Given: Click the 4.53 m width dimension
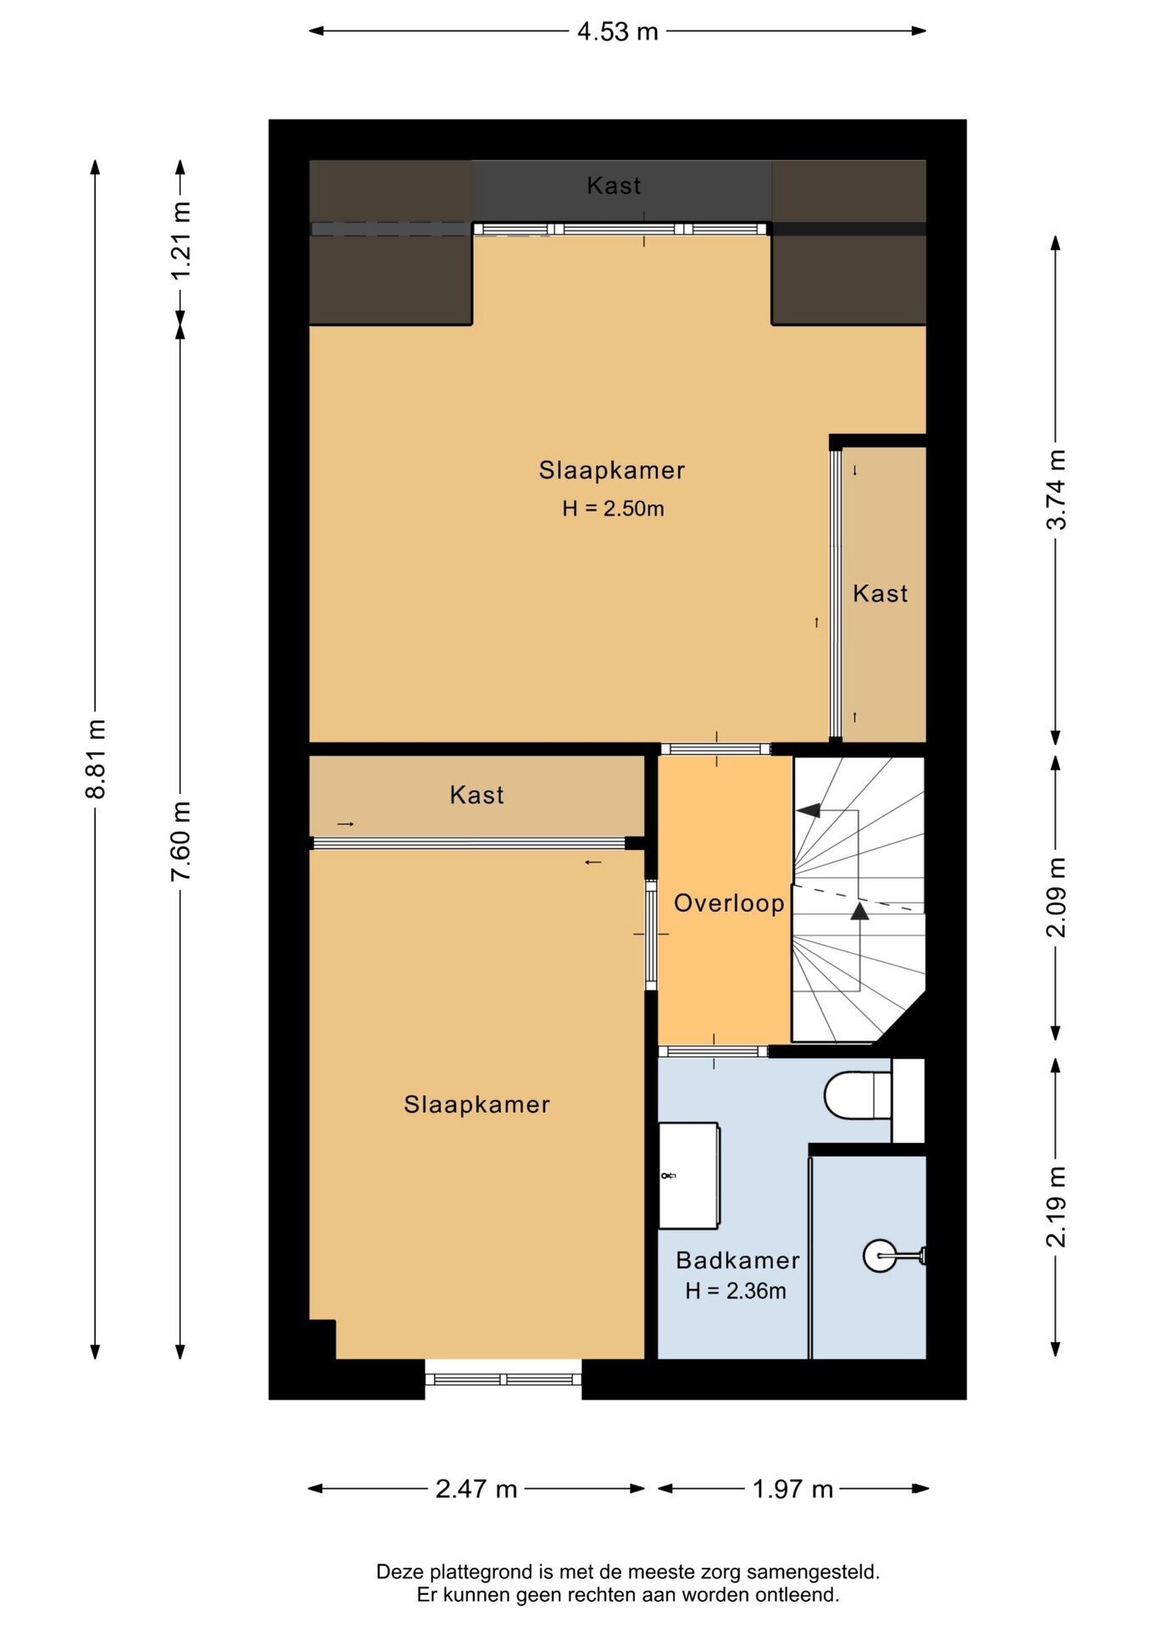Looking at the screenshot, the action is pos(617,31).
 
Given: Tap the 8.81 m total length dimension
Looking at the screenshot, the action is pos(96,758).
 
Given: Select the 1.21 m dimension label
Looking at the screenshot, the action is pos(181,240).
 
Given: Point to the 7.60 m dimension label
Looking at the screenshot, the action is pos(181,841).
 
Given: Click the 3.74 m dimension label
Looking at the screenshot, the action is pos(1056,490).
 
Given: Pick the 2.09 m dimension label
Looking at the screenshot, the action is pos(1056,897).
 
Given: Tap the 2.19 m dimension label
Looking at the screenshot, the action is pos(1056,1207).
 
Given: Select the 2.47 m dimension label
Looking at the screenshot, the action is pos(476,1489).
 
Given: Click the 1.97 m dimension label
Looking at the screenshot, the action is pos(793,1489).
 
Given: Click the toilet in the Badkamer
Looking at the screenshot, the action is pos(858,1096).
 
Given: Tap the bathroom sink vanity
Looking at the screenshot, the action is pos(689,1175).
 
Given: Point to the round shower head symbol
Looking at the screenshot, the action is pos(880,1256).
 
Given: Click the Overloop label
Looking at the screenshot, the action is pos(729,903).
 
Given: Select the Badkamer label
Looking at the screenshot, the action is pos(737,1261).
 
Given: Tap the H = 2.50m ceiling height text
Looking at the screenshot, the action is pos(613,508).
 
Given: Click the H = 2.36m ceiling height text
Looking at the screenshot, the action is pos(736,1291).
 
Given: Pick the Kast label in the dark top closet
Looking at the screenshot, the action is pos(614,186).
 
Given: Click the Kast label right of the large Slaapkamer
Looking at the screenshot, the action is pos(880,594).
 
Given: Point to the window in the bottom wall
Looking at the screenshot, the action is pos(503,1379).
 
